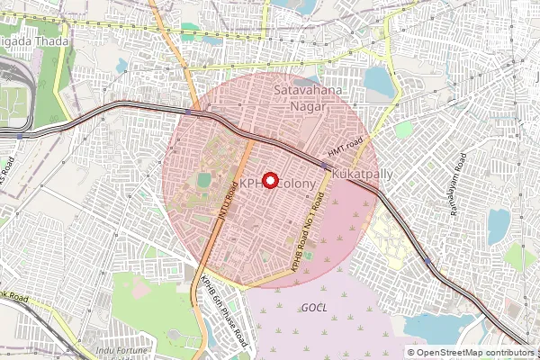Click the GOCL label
[314, 308]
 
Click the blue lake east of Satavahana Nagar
[379, 84]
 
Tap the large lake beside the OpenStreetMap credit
[436, 328]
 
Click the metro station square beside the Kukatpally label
[325, 166]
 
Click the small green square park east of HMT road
[404, 130]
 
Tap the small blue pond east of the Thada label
[121, 65]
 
